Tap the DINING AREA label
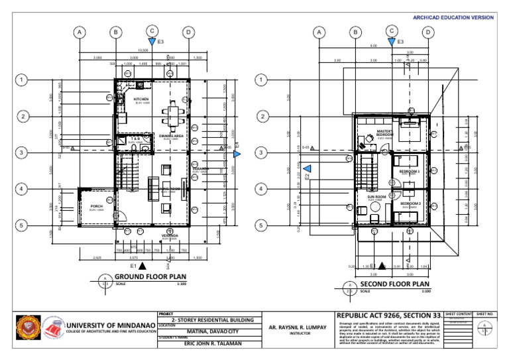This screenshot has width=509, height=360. pyautogui.click(x=172, y=135)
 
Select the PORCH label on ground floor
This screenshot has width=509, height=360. pyautogui.click(x=97, y=206)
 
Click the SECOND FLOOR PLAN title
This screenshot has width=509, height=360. pyautogui.click(x=396, y=284)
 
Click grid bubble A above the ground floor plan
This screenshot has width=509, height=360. pyautogui.click(x=80, y=32)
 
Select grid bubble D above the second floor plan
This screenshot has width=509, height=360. pyautogui.click(x=428, y=32)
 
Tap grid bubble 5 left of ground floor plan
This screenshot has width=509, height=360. pyautogui.click(x=23, y=225)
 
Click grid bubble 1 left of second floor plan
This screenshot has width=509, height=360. pyautogui.click(x=262, y=81)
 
